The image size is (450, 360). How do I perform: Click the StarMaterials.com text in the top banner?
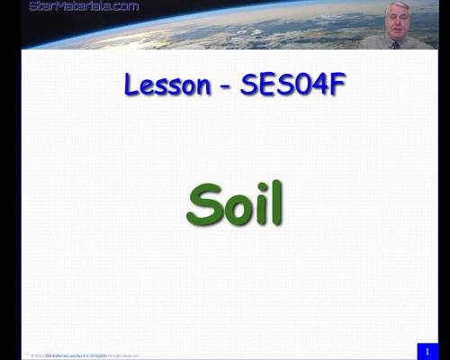tap(85, 6)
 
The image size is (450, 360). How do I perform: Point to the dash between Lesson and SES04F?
tap(225, 87)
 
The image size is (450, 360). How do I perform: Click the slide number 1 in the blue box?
tap(427, 350)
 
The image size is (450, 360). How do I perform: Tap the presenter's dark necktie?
tap(395, 43)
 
